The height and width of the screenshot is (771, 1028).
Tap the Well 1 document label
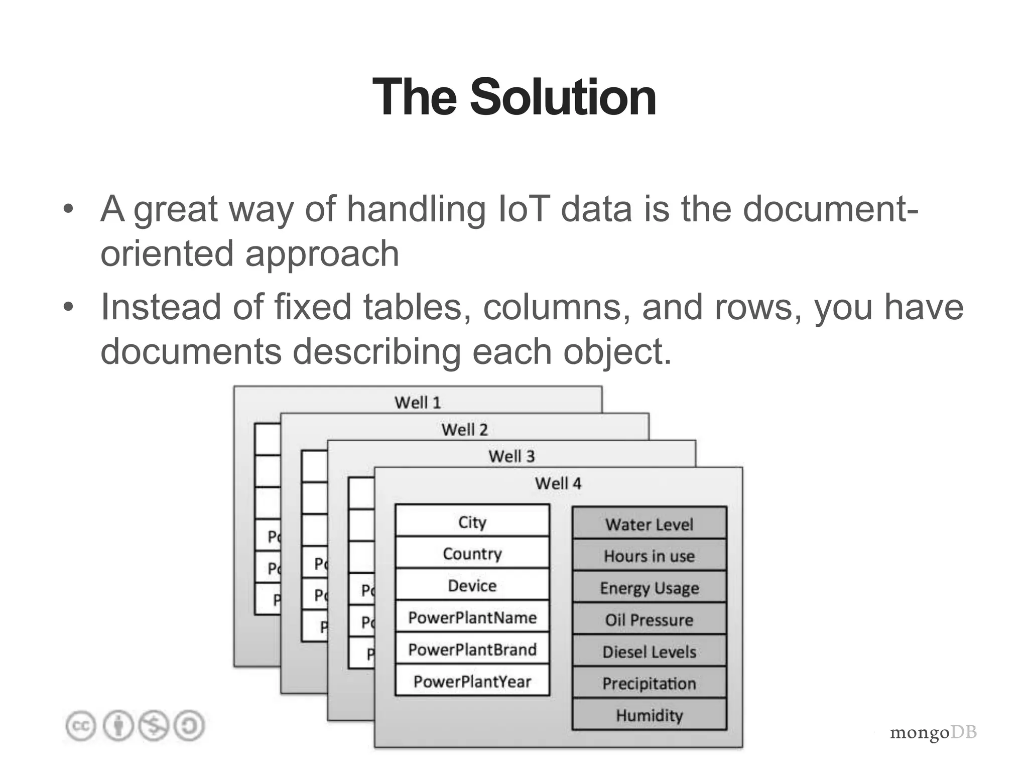417,403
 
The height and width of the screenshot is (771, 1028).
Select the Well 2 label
464,430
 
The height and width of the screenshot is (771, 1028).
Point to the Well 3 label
511,456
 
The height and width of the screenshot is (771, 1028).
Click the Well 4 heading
558,483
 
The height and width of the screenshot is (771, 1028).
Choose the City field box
472,522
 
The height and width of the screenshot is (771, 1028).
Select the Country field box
472,553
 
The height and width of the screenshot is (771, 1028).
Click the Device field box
472,585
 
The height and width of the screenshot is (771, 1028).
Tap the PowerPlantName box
472,617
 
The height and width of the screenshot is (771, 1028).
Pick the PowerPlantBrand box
472,650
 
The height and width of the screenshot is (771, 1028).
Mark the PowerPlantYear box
472,681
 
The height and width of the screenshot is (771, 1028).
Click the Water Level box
649,524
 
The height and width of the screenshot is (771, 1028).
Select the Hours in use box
649,556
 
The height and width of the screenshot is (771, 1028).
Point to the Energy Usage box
649,588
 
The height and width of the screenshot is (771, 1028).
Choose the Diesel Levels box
649,652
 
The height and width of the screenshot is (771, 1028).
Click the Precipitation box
649,683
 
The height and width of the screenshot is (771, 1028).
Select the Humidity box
649,715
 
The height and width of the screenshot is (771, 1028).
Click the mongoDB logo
933,732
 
